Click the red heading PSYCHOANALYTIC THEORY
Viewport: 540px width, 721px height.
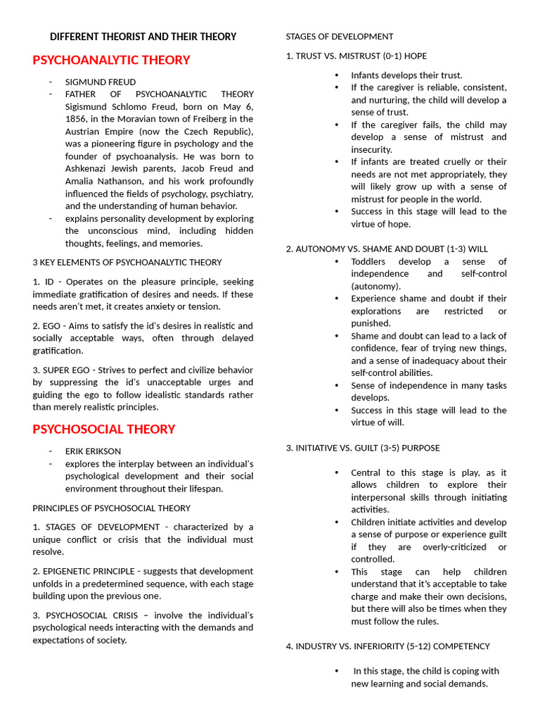(111, 60)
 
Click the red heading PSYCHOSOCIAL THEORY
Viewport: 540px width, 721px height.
(103, 429)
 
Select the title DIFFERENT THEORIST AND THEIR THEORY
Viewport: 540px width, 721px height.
(143, 37)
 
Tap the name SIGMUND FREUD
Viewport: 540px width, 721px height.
(101, 82)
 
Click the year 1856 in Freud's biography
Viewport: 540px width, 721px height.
(79, 119)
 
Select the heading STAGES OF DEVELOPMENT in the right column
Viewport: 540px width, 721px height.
(340, 37)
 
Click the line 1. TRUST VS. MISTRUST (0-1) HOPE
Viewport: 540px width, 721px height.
(356, 56)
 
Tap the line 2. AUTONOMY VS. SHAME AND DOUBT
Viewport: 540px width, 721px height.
(387, 249)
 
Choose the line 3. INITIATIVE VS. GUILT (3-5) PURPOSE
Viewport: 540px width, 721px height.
(363, 448)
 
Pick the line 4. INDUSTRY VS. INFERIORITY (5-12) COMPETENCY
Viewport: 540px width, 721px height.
(387, 646)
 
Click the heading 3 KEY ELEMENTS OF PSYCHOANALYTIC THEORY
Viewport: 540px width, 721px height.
(127, 262)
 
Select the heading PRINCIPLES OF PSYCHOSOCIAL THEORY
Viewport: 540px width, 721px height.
(111, 508)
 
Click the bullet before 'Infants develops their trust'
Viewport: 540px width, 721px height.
(337, 75)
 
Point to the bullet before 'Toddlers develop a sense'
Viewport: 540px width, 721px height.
(337, 261)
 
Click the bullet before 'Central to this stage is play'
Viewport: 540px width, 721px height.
(337, 472)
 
